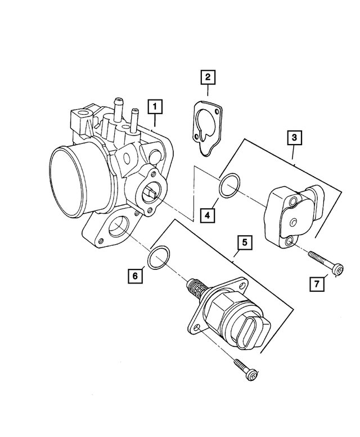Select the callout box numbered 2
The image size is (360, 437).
[x=208, y=77]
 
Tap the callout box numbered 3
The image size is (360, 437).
[x=294, y=137]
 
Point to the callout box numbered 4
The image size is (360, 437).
[x=207, y=214]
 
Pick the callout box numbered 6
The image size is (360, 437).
[x=135, y=276]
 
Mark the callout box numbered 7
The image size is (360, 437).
[x=317, y=285]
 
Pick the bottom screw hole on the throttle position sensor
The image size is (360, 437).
[x=289, y=241]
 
